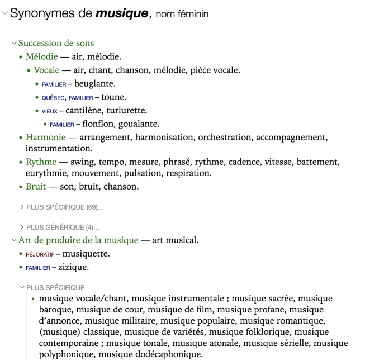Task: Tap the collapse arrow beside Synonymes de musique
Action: pos(5,13)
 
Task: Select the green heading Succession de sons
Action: pos(56,43)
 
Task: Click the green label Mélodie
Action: pos(41,56)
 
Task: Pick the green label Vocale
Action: pos(46,70)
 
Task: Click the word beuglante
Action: pos(94,83)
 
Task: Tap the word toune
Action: pos(113,97)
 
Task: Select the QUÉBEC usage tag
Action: pos(53,98)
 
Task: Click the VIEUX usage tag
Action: pos(49,111)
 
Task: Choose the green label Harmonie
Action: pos(44,137)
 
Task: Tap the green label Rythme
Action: pos(41,162)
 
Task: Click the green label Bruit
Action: pos(36,186)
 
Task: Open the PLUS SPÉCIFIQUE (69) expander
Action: pos(64,207)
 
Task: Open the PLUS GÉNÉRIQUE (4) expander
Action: pos(63,228)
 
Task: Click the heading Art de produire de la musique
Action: pos(78,240)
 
